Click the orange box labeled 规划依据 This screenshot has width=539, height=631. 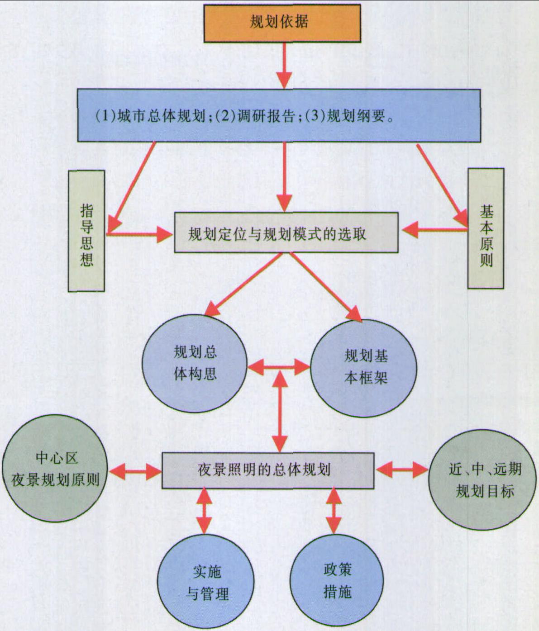282,23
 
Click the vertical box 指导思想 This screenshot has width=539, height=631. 86,231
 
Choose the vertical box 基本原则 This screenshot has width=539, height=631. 486,228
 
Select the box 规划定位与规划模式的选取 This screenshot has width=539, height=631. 286,232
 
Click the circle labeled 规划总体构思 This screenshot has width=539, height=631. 195,364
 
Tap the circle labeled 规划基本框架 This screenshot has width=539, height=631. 364,368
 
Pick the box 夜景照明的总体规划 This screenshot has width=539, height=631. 268,470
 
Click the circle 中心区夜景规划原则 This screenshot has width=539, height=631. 55,468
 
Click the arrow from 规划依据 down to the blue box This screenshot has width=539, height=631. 285,66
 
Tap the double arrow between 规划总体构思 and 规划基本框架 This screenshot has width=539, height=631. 279,367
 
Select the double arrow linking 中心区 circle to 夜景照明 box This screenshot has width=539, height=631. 135,472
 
